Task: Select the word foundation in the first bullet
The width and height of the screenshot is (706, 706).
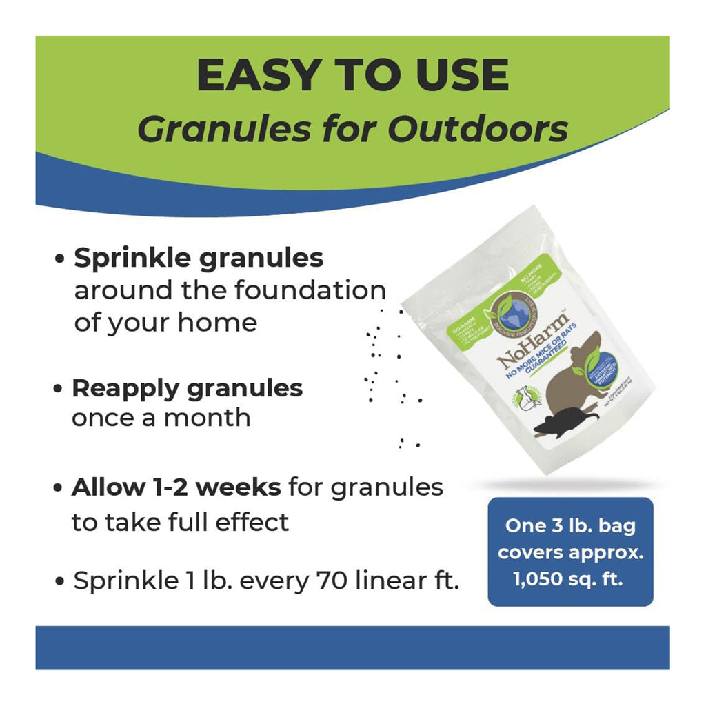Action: point(309,290)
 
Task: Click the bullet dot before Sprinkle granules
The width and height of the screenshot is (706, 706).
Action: point(61,260)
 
